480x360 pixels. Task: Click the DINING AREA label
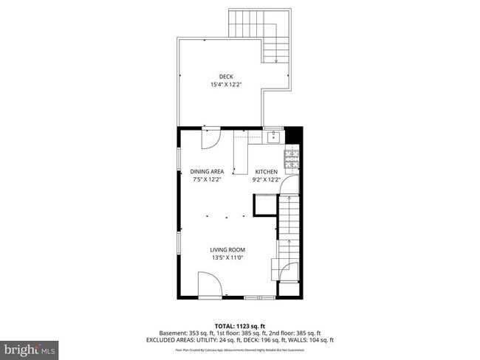207,171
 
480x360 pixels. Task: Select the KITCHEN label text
267,171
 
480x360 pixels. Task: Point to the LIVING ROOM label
227,249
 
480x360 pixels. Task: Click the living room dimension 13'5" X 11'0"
227,257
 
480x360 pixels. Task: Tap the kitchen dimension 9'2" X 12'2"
267,179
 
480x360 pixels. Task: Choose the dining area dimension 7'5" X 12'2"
207,179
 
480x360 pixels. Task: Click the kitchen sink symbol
273,135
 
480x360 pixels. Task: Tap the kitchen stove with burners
292,156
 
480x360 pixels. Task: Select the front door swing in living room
209,284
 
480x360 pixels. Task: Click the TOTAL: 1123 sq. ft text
240,325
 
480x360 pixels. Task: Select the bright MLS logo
30,347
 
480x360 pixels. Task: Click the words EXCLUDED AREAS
171,340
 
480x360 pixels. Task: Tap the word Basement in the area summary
164,333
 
